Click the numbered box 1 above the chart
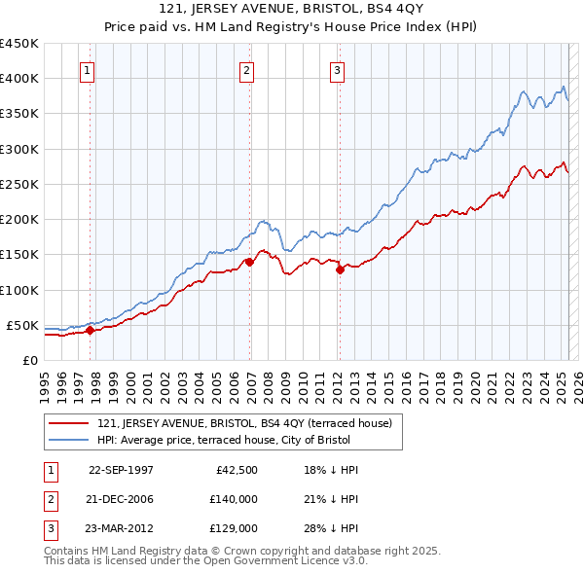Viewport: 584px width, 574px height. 88,69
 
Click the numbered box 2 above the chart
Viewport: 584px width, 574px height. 247,69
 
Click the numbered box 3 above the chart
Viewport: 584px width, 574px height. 337,69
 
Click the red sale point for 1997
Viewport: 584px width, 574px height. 90,330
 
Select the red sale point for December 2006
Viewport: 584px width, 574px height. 249,262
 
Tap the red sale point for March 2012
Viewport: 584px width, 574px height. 340,269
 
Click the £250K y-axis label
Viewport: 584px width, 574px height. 19,184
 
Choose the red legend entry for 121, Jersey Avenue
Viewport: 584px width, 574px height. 244,423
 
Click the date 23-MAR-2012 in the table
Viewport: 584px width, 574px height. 121,529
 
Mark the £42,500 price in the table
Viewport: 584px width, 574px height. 236,469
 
